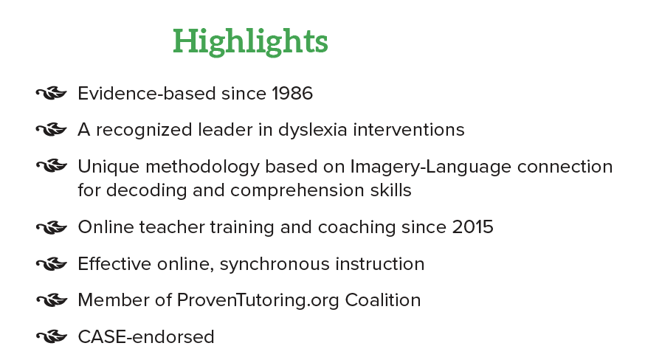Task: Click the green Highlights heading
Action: pyautogui.click(x=250, y=41)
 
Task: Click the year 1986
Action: pyautogui.click(x=292, y=94)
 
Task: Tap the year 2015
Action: pyautogui.click(x=472, y=227)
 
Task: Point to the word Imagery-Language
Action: pyautogui.click(x=431, y=167)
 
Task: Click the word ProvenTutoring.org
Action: pyautogui.click(x=258, y=301)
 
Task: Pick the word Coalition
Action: pyautogui.click(x=383, y=300)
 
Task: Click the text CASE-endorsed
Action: pyautogui.click(x=146, y=336)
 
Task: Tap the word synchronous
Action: pyautogui.click(x=275, y=265)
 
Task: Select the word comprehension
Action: pyautogui.click(x=296, y=191)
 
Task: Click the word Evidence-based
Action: pyautogui.click(x=147, y=94)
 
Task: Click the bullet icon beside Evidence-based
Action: pyautogui.click(x=52, y=94)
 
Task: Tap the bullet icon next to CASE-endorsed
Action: pyautogui.click(x=52, y=336)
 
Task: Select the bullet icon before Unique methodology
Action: pyautogui.click(x=52, y=166)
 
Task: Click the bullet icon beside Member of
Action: pyautogui.click(x=52, y=300)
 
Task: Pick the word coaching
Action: pyautogui.click(x=356, y=228)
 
